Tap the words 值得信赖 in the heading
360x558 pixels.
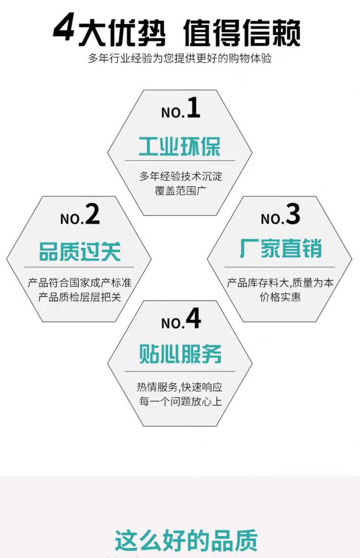(241, 33)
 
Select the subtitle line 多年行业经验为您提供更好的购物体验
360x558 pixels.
(180, 59)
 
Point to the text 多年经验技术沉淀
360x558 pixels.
(180, 177)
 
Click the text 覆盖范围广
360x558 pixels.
(180, 191)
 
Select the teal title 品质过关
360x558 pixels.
(79, 251)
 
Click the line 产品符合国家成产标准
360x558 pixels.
(79, 283)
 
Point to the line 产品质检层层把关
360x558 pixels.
(79, 297)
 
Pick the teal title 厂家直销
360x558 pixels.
(280, 249)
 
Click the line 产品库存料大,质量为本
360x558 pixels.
(280, 283)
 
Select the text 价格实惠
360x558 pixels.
(280, 297)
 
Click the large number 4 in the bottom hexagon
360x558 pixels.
(193, 319)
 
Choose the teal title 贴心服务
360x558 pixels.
(180, 354)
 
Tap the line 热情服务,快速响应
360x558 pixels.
(180, 387)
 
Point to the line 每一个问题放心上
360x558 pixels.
(180, 401)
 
